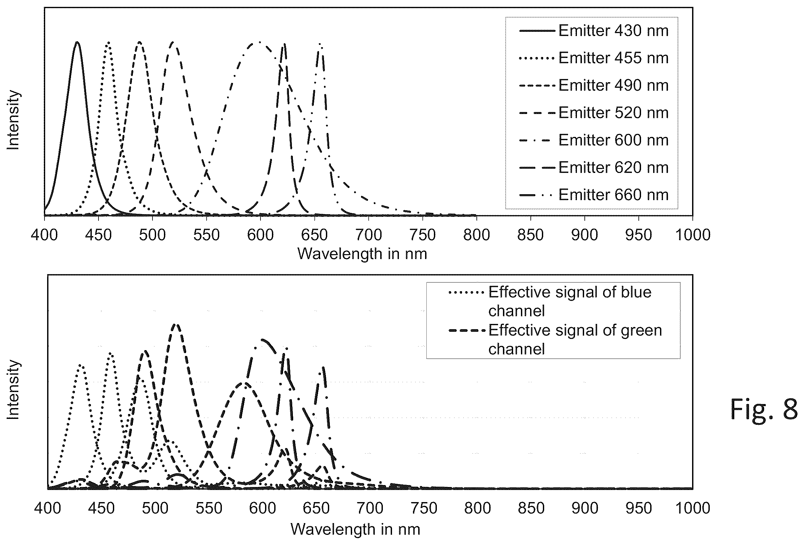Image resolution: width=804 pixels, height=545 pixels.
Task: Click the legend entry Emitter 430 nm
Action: coord(594,31)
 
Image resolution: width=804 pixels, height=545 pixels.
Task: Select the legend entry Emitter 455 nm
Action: coord(594,58)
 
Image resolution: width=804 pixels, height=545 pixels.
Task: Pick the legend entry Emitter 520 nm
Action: coord(594,113)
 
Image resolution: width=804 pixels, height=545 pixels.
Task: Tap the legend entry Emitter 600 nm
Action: coord(594,140)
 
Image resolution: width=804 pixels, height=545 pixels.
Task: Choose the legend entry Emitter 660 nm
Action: coord(594,195)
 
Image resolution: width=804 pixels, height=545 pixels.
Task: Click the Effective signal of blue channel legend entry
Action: coord(550,301)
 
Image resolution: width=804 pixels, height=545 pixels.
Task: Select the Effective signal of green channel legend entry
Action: coord(555,339)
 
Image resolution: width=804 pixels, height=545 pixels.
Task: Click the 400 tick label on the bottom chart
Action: coord(47,509)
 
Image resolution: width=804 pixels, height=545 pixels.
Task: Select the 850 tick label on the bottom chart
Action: coord(531,509)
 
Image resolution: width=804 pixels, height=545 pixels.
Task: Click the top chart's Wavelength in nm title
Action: coord(362,254)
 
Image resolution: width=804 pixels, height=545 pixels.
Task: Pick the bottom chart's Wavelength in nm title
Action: coord(355,529)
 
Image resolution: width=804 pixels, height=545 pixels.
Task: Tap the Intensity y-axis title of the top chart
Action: coord(13,120)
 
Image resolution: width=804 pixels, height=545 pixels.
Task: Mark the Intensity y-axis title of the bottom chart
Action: coord(13,389)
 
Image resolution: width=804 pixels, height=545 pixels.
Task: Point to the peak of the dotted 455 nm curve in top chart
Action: coord(109,42)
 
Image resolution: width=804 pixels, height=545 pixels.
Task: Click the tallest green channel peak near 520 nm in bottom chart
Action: coord(176,324)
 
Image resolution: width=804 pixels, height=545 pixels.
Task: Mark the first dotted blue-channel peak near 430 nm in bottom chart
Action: coord(80,365)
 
